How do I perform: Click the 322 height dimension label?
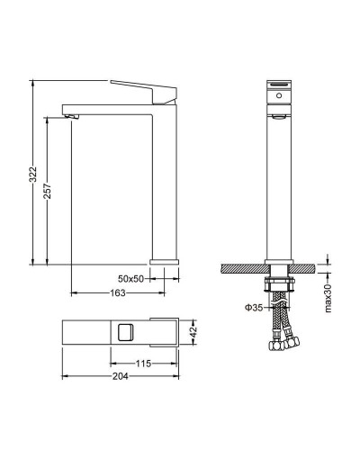(x=32, y=174)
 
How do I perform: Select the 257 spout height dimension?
(x=48, y=191)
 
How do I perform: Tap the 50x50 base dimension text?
(x=130, y=279)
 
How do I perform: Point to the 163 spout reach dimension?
(x=118, y=292)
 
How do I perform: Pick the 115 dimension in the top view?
(x=143, y=364)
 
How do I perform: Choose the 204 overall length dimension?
(x=121, y=376)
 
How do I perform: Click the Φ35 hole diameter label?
(x=254, y=307)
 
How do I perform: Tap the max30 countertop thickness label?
(x=328, y=298)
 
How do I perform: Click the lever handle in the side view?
(x=144, y=92)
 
